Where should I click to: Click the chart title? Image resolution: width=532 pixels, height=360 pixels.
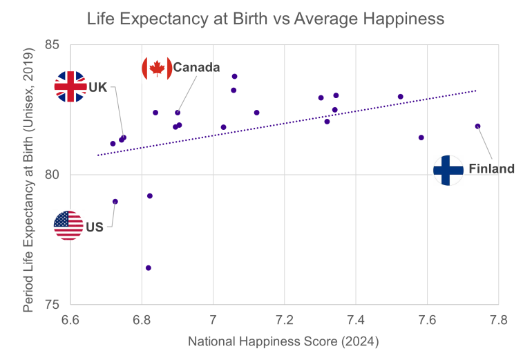[266, 18]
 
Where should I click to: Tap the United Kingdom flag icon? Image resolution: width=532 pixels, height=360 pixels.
[70, 87]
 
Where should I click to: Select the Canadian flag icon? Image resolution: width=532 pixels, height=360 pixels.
[157, 67]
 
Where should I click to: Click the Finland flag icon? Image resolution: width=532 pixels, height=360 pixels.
[448, 169]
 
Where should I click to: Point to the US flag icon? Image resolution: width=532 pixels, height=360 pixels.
[68, 225]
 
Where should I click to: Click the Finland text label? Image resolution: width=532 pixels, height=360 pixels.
[491, 169]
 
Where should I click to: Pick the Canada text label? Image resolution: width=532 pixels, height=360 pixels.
[196, 67]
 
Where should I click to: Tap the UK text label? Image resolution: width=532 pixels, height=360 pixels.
[97, 88]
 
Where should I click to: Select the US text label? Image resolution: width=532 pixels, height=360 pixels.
[95, 227]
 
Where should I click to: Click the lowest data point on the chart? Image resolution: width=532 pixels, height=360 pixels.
[149, 268]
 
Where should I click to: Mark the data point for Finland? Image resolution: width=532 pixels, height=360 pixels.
[477, 126]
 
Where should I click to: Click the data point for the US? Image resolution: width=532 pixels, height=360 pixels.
[115, 202]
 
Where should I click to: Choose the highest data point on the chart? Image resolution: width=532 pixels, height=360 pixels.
[235, 76]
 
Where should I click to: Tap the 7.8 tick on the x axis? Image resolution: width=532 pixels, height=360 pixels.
[498, 320]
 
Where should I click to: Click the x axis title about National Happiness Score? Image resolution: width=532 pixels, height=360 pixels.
[284, 341]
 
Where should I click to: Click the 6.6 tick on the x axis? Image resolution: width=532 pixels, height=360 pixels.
[70, 320]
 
